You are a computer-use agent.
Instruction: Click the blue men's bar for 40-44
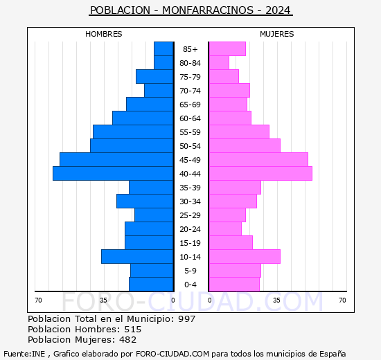tap(113, 174)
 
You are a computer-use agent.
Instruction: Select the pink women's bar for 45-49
tap(258, 160)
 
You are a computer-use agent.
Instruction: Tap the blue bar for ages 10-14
tap(137, 257)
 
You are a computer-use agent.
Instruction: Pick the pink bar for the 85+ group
tap(227, 49)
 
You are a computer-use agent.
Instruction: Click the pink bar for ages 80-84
tap(219, 63)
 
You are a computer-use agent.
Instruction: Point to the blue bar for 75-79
tap(154, 77)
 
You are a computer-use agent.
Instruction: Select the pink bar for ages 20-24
tap(225, 229)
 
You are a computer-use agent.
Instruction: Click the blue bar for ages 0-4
tap(151, 285)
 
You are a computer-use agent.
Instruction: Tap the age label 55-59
tap(190, 132)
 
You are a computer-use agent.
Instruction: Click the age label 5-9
tap(190, 271)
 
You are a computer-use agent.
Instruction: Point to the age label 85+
tap(190, 49)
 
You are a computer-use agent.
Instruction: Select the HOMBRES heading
tap(104, 34)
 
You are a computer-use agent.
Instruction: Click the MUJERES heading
tap(277, 34)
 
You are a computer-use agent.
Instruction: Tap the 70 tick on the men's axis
tap(38, 300)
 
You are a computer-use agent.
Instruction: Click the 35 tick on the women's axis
tap(276, 300)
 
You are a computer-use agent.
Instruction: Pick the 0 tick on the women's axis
tap(210, 300)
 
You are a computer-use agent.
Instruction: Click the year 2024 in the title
tap(278, 10)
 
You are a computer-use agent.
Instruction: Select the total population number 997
tap(186, 319)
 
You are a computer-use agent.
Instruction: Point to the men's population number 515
tap(133, 330)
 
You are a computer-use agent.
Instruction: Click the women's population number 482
tap(128, 340)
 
